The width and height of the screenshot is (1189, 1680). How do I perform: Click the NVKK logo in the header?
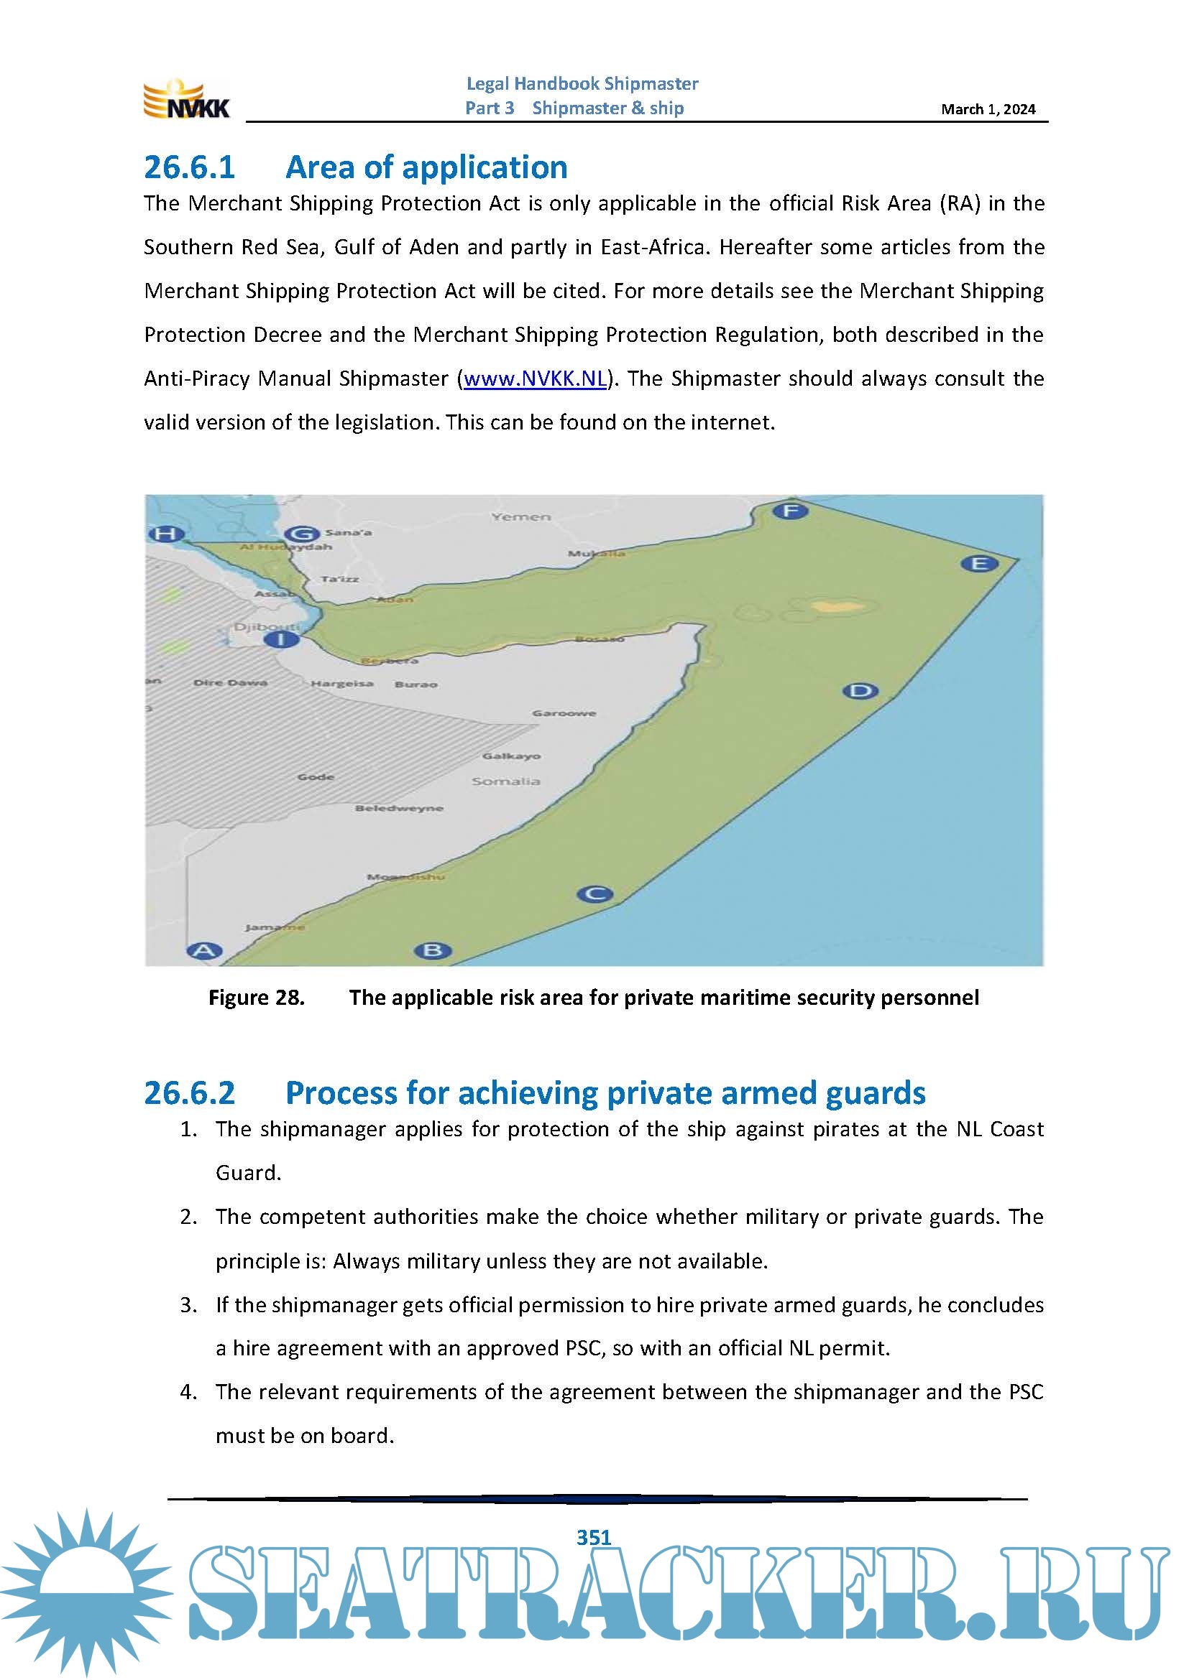coord(187,100)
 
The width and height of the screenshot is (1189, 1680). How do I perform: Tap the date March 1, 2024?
coord(988,110)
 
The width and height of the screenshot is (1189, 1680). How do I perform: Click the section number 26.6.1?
coord(190,167)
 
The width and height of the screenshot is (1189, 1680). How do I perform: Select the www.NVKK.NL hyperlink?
coord(536,379)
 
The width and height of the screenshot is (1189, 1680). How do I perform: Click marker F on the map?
coord(791,511)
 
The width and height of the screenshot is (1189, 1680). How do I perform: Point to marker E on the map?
coord(979,563)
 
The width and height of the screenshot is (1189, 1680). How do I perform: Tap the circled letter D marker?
coord(860,691)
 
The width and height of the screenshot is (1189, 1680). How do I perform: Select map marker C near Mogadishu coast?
coord(594,894)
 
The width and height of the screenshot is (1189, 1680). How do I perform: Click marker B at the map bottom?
coord(433,950)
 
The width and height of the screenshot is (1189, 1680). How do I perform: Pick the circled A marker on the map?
coord(204,950)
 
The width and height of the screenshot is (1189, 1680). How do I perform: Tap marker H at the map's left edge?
coord(165,534)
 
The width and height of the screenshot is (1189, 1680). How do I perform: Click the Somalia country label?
coord(506,782)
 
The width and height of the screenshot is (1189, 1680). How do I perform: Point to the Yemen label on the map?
coord(520,517)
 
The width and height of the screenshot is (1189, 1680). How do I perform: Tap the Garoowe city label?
coord(564,713)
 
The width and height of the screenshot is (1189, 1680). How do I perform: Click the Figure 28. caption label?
coord(256,998)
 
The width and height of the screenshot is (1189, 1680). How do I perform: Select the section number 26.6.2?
coord(190,1093)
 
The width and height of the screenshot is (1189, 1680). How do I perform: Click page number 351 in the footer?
coord(594,1537)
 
